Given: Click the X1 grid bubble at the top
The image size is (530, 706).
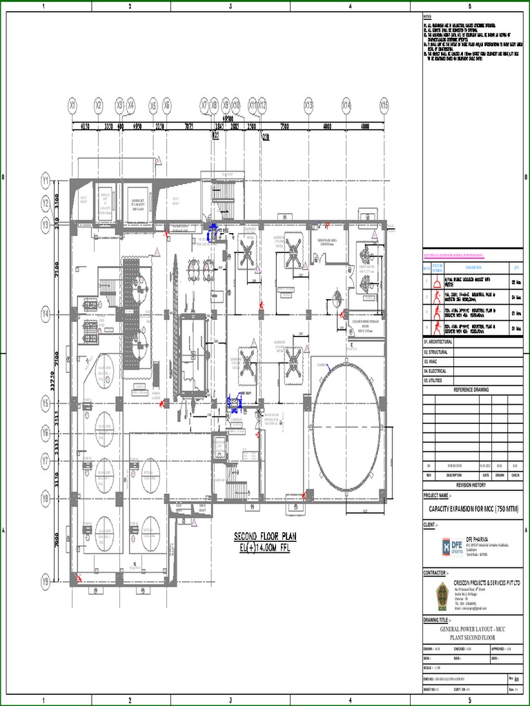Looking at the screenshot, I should coord(72,105).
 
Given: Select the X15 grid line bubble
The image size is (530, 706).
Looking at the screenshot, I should coord(384,105).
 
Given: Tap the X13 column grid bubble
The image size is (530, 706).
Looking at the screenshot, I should coord(308,105).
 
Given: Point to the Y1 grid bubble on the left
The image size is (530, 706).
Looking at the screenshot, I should coord(46,182).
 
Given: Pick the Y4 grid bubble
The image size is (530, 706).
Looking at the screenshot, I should coord(46,314).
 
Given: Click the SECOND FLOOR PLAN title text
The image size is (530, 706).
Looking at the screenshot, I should coord(266,536).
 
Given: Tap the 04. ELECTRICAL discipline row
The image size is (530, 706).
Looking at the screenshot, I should coord(435,371).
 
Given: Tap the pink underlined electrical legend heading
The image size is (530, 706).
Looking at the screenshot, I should coord(454,255).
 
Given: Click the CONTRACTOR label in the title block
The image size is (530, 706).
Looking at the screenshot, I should coord(438,573).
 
